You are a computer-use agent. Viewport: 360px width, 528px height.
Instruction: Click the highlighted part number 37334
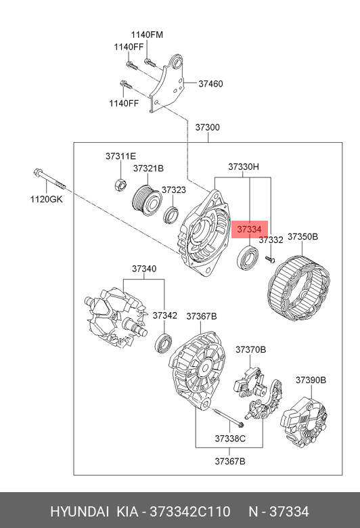(x=249, y=230)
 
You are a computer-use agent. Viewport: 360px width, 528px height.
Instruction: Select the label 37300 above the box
(x=207, y=127)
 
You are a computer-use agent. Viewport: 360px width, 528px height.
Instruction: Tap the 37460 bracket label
(x=210, y=84)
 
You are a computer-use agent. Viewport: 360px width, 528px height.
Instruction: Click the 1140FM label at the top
(x=147, y=35)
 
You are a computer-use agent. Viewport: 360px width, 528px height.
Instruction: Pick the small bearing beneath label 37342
(x=163, y=342)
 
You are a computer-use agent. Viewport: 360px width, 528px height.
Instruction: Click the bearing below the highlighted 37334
(x=246, y=259)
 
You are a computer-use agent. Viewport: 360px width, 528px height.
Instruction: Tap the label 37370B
(x=250, y=349)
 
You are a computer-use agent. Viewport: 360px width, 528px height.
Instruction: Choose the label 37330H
(x=243, y=167)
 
